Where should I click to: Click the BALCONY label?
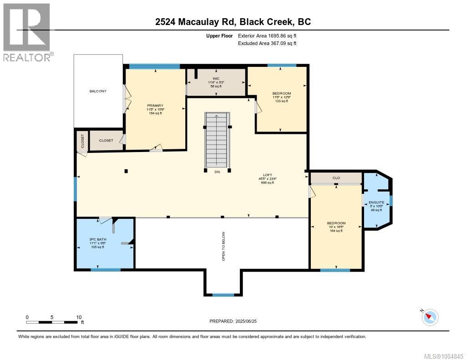coord(98,91)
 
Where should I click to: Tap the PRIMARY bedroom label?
coord(155,106)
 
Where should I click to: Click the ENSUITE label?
coord(376,202)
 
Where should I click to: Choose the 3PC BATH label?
coord(97,239)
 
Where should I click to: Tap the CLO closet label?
coord(336,178)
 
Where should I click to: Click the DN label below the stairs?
coord(217,172)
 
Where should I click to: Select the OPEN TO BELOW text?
coord(223,247)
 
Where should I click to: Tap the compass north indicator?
coord(430,316)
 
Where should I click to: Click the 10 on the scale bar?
coord(79,317)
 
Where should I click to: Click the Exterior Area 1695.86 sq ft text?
coord(267,35)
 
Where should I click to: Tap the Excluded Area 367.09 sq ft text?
coord(267,44)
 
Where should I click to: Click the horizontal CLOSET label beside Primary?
coord(106,141)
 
